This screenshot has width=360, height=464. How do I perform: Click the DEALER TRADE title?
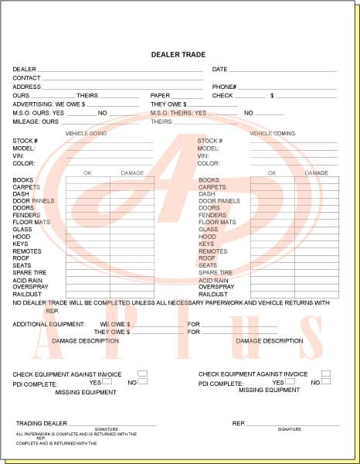click(179, 55)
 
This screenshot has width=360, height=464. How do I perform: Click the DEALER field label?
click(24, 70)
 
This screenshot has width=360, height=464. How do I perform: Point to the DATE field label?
click(219, 70)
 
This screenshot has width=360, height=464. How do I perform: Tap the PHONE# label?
click(224, 87)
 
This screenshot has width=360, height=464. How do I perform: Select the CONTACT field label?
click(26, 78)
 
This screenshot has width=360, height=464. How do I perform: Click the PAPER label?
click(160, 96)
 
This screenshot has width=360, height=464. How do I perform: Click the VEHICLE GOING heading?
click(86, 133)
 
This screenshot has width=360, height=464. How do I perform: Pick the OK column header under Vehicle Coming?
click(273, 173)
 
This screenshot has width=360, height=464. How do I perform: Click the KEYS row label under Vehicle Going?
click(21, 244)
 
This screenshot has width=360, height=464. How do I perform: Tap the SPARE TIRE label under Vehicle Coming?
click(216, 273)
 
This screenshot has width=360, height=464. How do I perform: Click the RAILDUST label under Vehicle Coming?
click(212, 294)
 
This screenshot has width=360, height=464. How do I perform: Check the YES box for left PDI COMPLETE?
click(107, 381)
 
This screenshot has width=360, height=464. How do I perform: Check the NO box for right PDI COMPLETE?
click(326, 381)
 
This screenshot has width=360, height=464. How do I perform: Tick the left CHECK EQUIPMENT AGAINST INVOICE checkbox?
click(142, 374)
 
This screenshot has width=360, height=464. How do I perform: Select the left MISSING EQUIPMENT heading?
click(86, 392)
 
